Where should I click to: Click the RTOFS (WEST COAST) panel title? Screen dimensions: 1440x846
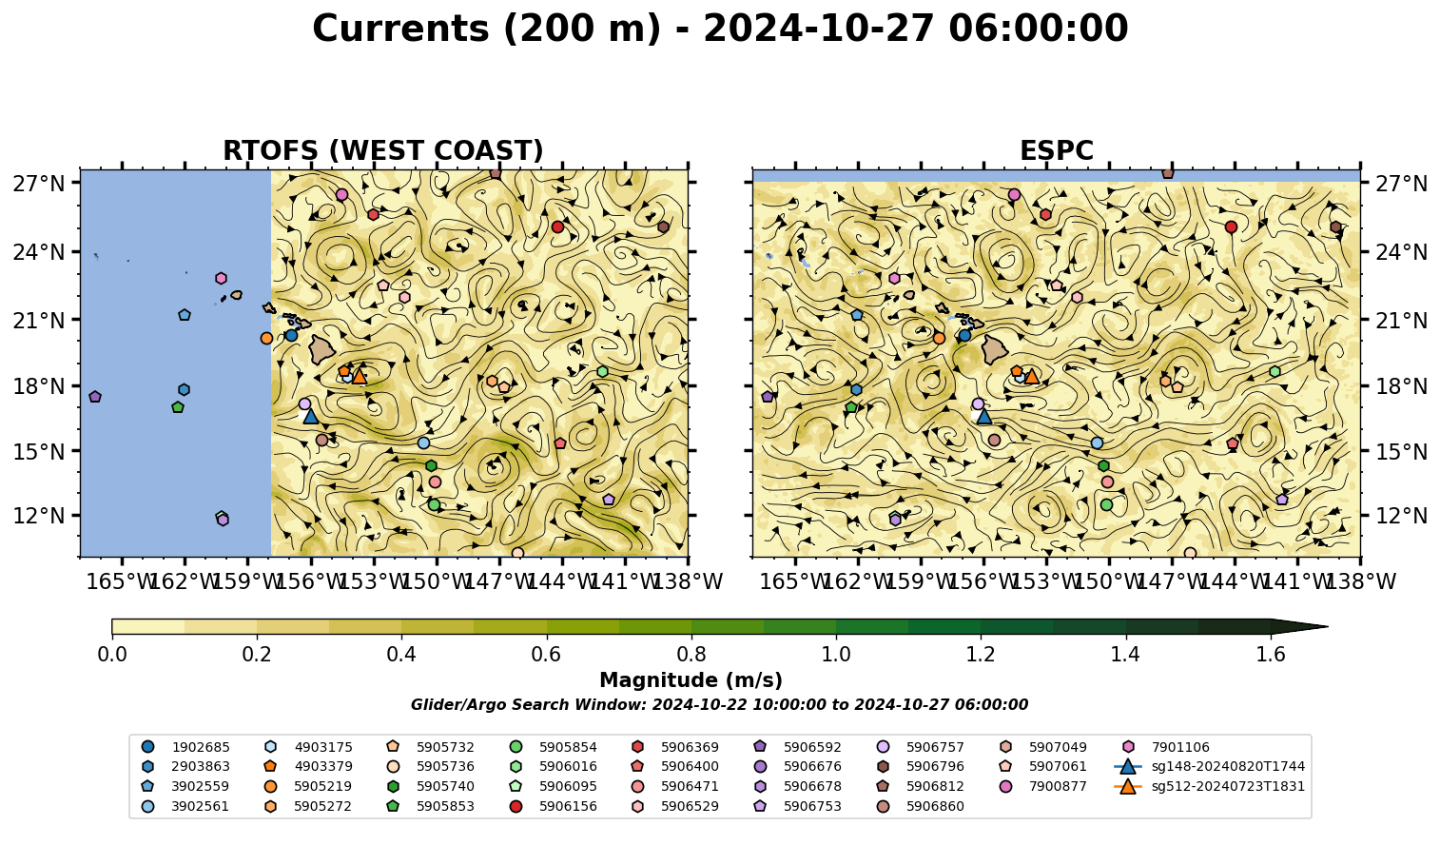pos(383,150)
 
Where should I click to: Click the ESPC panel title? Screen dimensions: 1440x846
pos(1056,150)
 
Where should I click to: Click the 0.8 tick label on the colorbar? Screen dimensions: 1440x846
pos(691,655)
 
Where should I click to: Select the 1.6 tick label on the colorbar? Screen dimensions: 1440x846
pos(1271,655)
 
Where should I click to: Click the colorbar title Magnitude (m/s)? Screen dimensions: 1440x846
pos(691,680)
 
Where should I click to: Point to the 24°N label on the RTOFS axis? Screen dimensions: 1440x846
pos(39,252)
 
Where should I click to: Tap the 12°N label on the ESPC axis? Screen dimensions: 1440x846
pos(1401,516)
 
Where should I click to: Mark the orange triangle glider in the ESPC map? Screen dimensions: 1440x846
pos(1032,376)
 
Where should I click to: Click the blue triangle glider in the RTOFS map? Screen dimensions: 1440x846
pos(310,416)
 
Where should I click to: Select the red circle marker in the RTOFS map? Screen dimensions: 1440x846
pos(558,227)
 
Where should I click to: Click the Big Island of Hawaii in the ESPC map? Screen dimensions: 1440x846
pos(995,350)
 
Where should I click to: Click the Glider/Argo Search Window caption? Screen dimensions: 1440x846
pos(719,705)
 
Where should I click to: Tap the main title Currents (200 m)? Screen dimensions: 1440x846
pos(487,29)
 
